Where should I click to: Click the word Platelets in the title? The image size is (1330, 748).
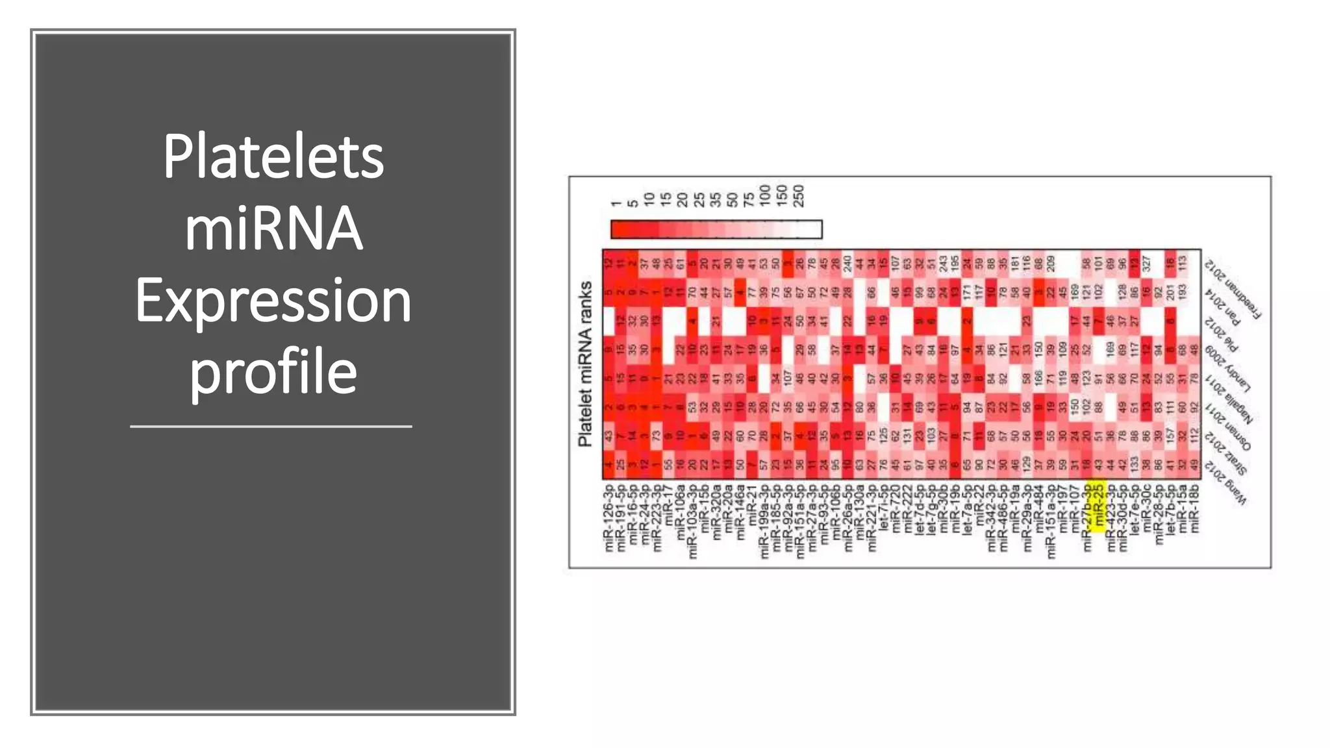(273, 157)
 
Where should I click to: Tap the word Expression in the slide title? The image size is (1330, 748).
(273, 301)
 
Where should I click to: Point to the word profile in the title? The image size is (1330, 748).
(273, 372)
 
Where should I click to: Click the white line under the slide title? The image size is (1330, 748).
(271, 427)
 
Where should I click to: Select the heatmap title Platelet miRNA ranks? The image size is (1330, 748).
(585, 364)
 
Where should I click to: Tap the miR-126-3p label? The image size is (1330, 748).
(609, 517)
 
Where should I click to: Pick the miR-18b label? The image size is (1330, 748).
(1194, 509)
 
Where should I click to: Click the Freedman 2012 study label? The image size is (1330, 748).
(1233, 289)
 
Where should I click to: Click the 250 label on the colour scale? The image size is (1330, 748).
(799, 195)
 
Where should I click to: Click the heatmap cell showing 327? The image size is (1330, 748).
(1147, 264)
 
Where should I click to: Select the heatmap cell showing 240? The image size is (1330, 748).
(847, 264)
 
